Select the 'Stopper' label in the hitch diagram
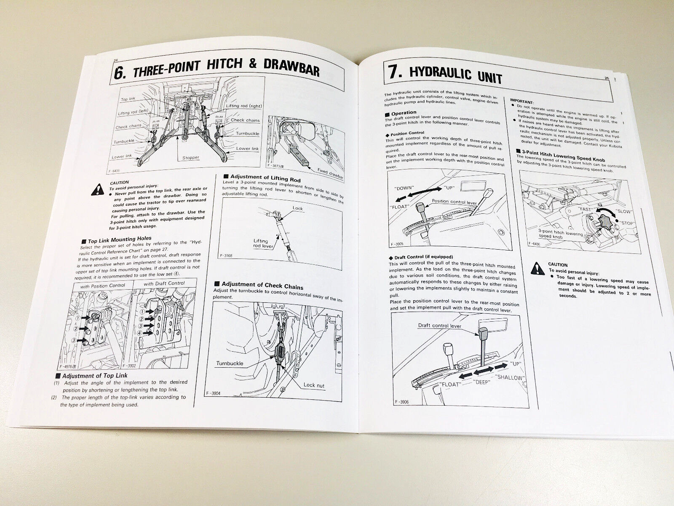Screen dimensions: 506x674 coord(191,158)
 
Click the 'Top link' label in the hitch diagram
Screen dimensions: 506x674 coord(128,99)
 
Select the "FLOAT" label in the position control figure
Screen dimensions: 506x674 coord(399,207)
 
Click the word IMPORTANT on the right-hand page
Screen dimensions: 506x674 coord(521,102)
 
